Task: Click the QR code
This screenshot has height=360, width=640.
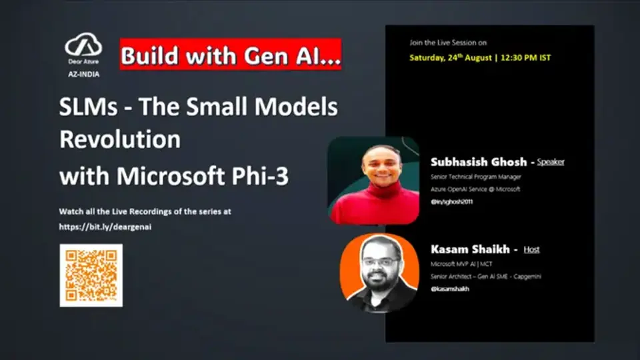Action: coord(91,275)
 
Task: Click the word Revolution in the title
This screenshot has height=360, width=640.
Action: coord(120,140)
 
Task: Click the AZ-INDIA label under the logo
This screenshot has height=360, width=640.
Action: coord(83,75)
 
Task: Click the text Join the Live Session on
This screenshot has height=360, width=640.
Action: coord(448,43)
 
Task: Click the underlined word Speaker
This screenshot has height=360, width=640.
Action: coord(551,162)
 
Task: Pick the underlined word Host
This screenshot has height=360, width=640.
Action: coord(531,250)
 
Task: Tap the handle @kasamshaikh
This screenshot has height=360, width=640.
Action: coord(450,289)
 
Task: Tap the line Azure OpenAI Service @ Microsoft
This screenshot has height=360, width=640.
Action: coord(475,189)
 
